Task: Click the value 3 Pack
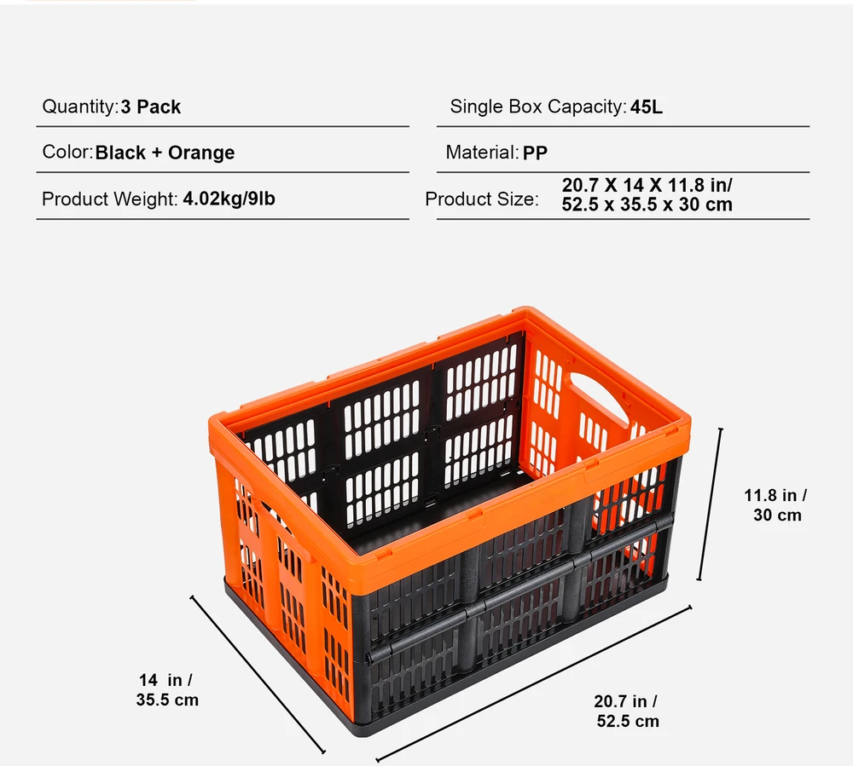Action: point(151,107)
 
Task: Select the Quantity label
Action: point(80,107)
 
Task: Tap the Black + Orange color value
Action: point(165,153)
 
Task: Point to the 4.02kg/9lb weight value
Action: point(229,199)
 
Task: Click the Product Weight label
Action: point(110,199)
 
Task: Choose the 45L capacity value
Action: point(647,107)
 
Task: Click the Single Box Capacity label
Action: point(538,107)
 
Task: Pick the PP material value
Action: point(535,153)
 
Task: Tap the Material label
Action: point(482,153)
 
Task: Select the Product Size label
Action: point(482,199)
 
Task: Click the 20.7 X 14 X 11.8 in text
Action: point(647,185)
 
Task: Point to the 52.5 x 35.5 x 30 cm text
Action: point(647,204)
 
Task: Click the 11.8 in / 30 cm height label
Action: point(776,505)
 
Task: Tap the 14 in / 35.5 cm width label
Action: point(167,690)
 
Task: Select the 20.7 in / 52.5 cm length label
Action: point(627,711)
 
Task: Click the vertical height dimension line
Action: point(710,504)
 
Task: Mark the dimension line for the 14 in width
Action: point(258,675)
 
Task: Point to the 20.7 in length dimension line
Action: point(534,683)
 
